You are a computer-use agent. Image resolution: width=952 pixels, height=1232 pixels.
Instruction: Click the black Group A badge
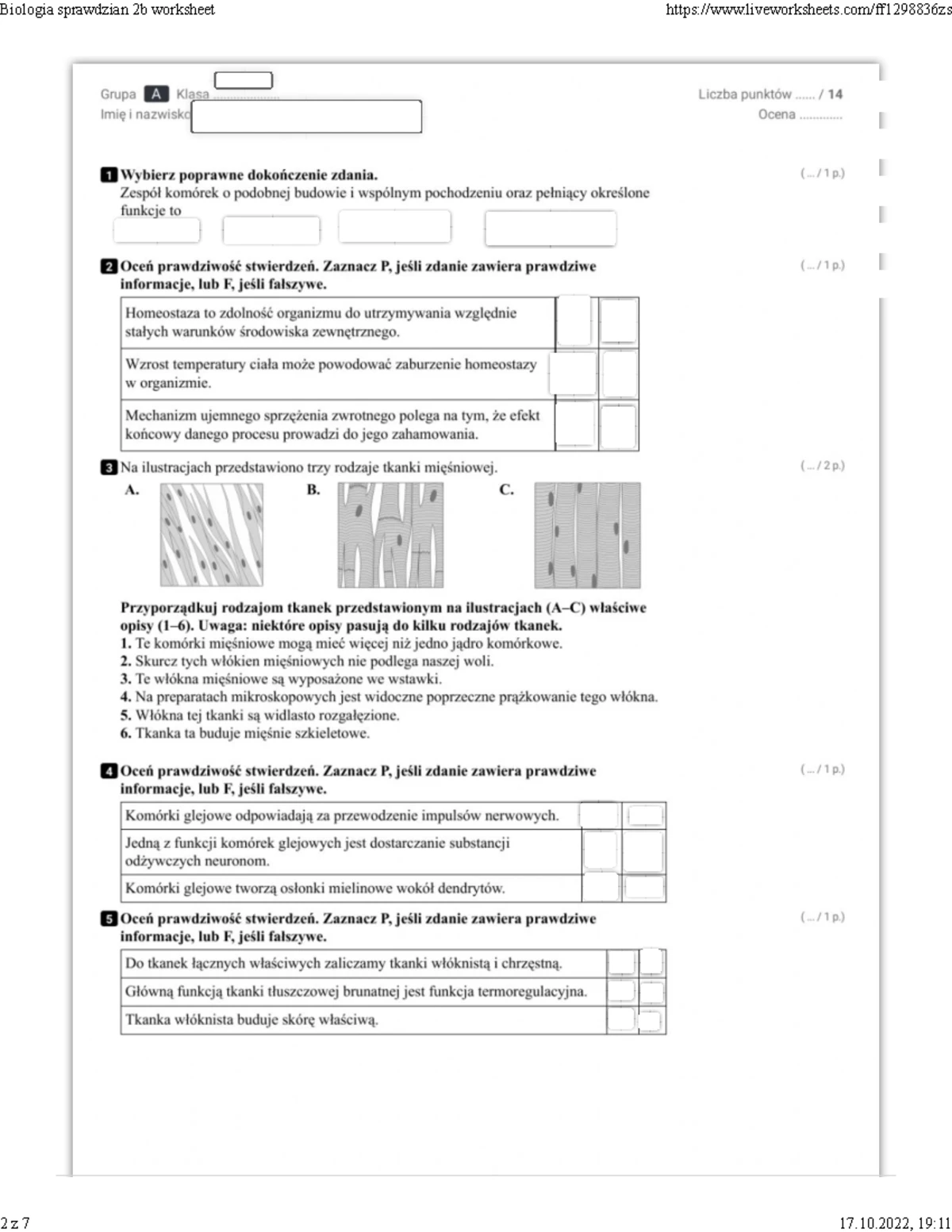(x=155, y=94)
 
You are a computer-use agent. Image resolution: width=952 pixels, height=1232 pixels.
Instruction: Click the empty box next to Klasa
(x=244, y=80)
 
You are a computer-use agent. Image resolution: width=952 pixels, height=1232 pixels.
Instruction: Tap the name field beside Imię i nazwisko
(x=306, y=117)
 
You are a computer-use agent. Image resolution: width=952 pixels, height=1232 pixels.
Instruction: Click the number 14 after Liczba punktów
(x=835, y=94)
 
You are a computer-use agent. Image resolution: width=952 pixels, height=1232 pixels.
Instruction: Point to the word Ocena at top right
(x=776, y=114)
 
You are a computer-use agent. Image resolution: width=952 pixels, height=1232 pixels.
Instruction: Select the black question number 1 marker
(x=109, y=175)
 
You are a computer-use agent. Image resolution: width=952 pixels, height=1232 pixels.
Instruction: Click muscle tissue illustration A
(x=211, y=535)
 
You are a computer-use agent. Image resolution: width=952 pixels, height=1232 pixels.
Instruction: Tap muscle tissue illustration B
(x=390, y=535)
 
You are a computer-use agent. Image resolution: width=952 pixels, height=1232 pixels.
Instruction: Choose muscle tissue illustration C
(x=587, y=535)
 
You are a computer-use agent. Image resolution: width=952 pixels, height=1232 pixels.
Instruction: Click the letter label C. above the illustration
(x=506, y=489)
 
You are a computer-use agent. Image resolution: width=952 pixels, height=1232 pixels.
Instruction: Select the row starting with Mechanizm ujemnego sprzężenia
(x=333, y=424)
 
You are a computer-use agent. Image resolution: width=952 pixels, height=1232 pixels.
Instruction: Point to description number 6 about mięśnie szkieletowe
(x=246, y=733)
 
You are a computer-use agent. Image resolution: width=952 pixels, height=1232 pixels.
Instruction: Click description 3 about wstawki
(x=282, y=679)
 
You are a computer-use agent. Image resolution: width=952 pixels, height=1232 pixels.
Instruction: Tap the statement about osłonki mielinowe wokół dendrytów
(x=315, y=888)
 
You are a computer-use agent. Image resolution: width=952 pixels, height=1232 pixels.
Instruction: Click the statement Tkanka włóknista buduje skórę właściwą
(x=251, y=1019)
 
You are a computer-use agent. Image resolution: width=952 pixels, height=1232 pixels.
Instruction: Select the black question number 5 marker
(x=109, y=919)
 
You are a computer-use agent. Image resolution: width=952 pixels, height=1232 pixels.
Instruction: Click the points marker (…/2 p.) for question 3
(x=822, y=466)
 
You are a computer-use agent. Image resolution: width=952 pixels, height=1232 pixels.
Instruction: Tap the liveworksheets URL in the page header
(x=808, y=10)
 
